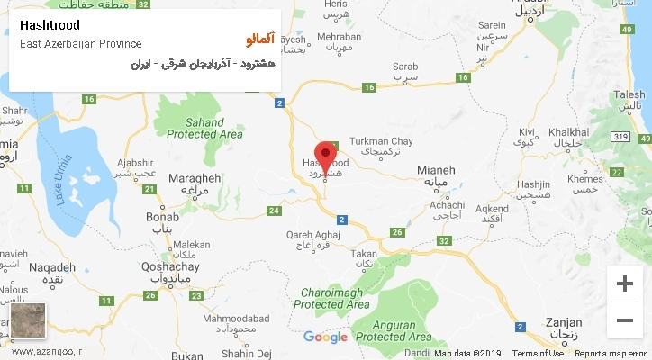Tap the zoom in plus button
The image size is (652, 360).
624,283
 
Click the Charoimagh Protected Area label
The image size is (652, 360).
332,298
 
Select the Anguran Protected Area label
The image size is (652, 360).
390,330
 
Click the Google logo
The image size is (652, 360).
325,337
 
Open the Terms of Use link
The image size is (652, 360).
538,354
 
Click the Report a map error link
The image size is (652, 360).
611,354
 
